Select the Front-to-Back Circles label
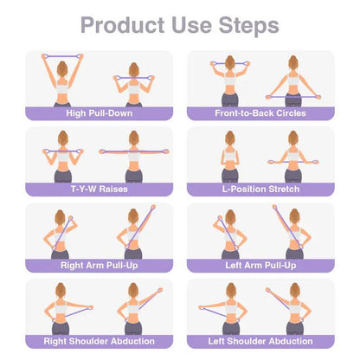click(x=260, y=112)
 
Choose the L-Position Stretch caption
click(x=260, y=189)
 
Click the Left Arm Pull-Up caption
click(x=260, y=265)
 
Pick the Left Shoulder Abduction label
click(x=260, y=340)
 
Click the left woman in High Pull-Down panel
click(x=61, y=82)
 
